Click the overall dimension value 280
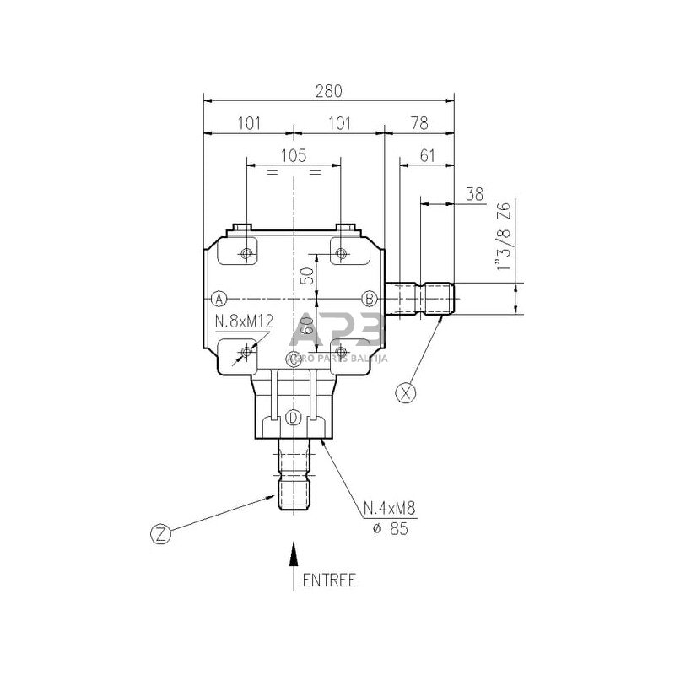(x=328, y=90)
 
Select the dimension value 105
(x=293, y=155)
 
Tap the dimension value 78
(x=418, y=123)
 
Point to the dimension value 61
(x=427, y=156)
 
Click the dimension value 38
(x=474, y=193)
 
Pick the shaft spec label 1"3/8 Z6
(x=504, y=235)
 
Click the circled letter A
(x=219, y=298)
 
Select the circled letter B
(x=369, y=298)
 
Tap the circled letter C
(x=294, y=359)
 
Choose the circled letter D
(x=294, y=418)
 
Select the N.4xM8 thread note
(x=391, y=509)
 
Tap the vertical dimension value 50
(x=307, y=274)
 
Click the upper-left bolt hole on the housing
(x=246, y=254)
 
